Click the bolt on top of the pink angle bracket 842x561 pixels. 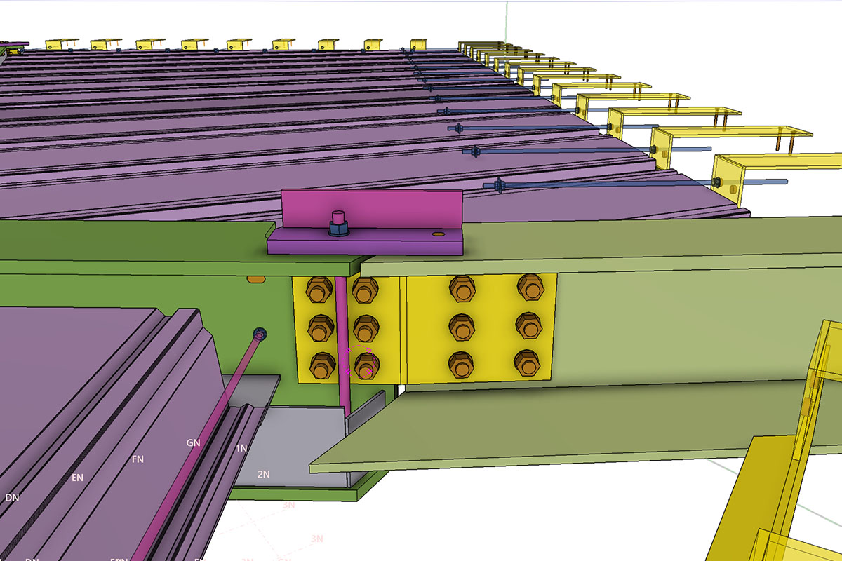pos(338,223)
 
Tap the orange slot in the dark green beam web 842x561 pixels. pos(255,280)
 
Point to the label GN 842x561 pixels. pos(194,443)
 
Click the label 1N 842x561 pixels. pos(241,448)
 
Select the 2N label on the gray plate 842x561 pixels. pos(263,475)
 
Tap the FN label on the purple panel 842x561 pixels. pos(138,459)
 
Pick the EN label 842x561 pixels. pos(77,478)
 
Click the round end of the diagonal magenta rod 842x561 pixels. pos(260,334)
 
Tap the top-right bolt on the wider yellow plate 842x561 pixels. pos(529,286)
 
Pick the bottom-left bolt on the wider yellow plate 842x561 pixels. pos(462,363)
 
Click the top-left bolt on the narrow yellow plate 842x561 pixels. pos(319,289)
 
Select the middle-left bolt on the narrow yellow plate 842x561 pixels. pos(320,326)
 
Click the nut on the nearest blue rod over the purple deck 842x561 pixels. pos(500,185)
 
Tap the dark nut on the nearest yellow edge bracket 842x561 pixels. pos(716,183)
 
